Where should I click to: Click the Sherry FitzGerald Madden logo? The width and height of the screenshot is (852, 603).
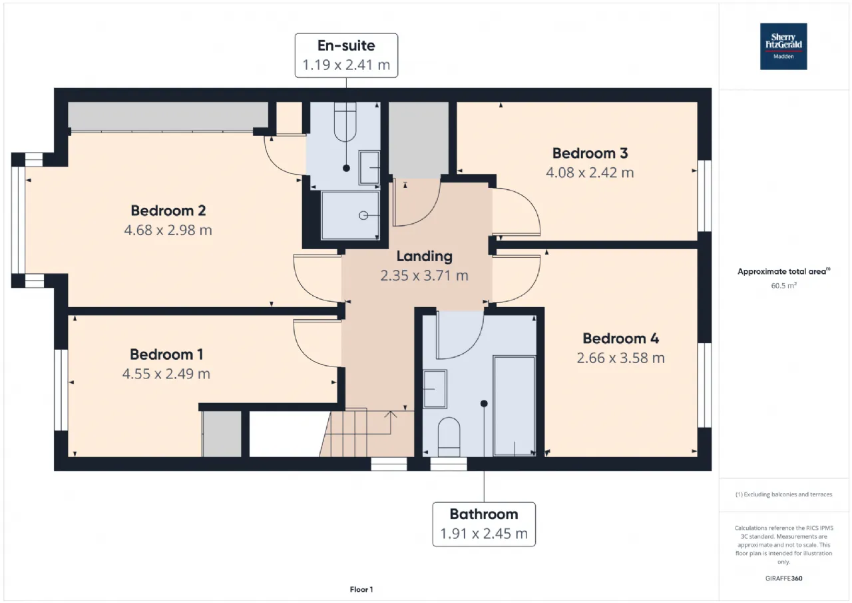783,47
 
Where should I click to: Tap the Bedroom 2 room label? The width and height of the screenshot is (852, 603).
168,211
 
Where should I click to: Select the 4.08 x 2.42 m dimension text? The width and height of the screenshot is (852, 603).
590,173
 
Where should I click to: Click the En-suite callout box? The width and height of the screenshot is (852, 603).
346,55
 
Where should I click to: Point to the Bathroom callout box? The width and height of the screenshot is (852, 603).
484,524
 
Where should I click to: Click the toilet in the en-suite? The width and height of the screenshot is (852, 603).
345,122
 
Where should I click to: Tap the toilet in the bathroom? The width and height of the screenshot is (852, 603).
449,437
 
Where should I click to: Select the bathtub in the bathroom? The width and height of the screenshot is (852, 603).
515,406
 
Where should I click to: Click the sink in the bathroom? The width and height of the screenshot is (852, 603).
435,389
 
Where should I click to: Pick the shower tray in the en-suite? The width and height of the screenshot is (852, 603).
350,215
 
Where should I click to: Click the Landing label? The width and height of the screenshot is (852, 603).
425,257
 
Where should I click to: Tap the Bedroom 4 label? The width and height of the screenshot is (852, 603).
621,338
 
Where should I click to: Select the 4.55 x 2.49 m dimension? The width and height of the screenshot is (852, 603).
166,374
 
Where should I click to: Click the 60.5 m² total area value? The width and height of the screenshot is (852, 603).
783,286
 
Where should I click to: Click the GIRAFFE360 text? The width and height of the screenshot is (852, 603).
783,578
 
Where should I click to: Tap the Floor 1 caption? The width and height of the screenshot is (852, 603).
361,589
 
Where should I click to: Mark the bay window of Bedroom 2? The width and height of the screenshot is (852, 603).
18,220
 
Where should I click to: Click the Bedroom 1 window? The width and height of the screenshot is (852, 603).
61,390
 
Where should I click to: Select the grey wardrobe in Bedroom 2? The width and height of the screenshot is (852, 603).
168,117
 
